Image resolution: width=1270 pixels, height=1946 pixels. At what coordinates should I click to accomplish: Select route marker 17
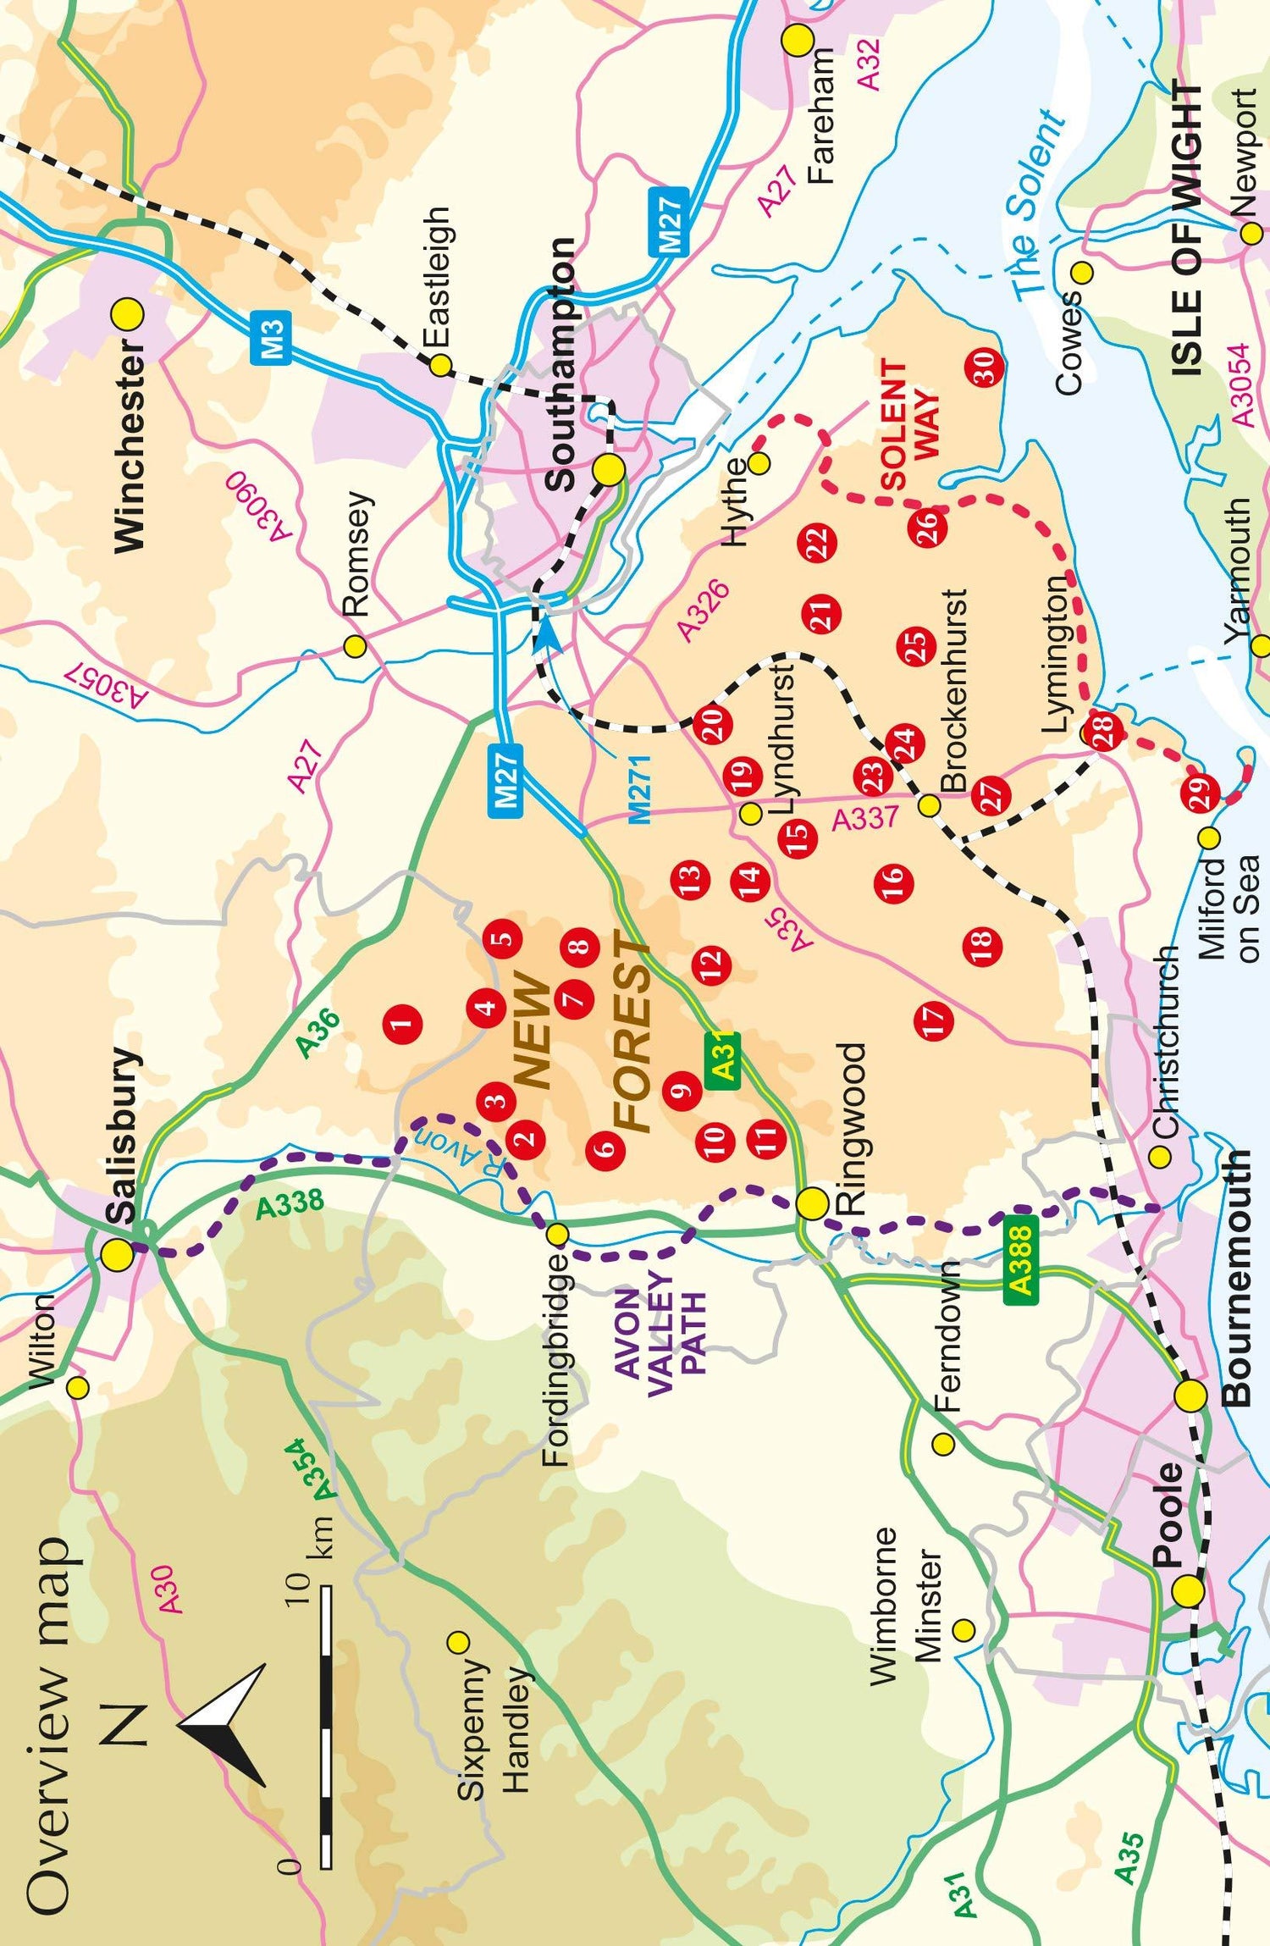click(934, 1020)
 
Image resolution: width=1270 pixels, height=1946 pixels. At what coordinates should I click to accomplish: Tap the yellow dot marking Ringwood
click(812, 1203)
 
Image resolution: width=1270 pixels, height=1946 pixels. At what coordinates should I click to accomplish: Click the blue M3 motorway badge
click(271, 337)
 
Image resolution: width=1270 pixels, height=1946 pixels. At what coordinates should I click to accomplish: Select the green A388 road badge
click(1021, 1256)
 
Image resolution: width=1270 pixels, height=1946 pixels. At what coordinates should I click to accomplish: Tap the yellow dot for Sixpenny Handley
click(458, 1642)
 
